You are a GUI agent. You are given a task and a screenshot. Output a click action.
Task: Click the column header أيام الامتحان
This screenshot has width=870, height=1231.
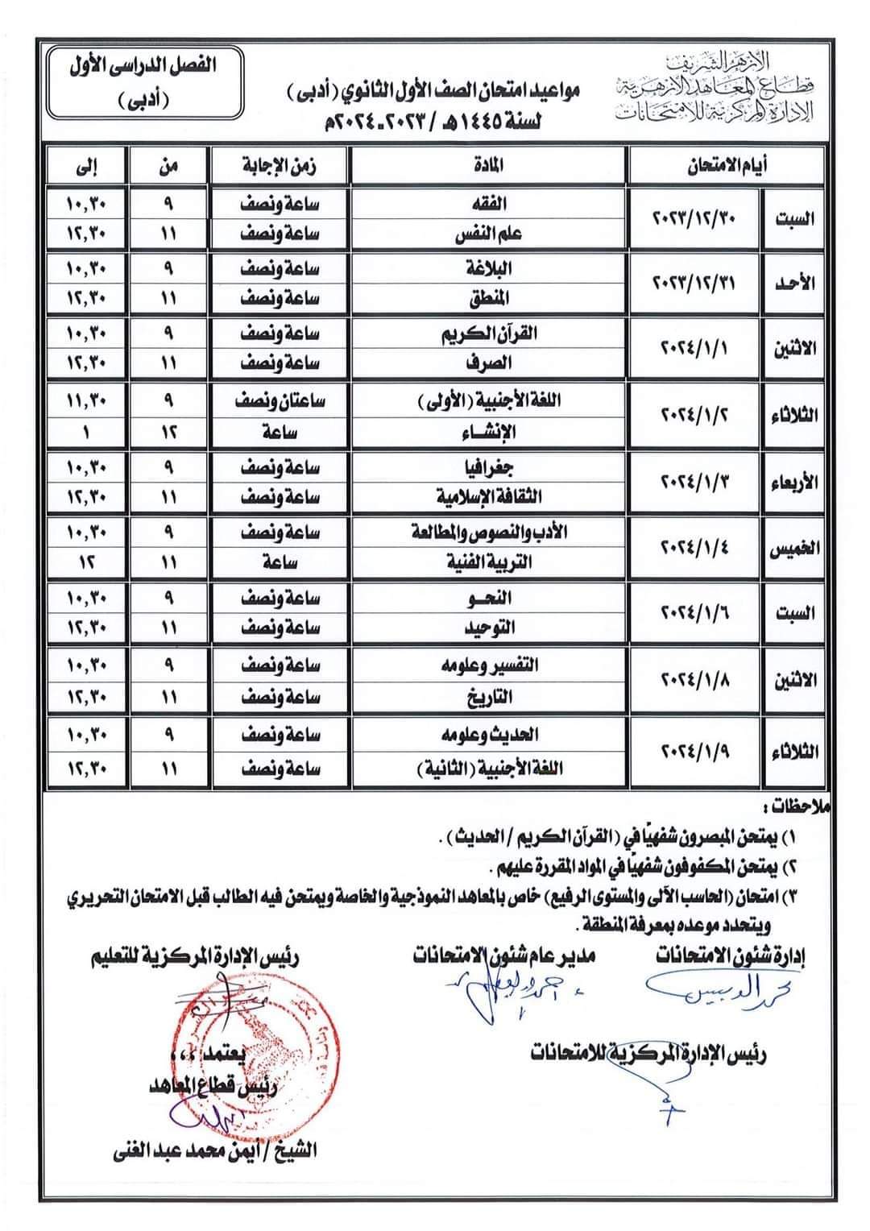tap(725, 166)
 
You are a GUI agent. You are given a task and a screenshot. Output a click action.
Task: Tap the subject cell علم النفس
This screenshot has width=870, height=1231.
tap(489, 234)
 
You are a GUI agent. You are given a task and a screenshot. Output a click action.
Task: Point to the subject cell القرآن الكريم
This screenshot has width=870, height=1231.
tap(489, 334)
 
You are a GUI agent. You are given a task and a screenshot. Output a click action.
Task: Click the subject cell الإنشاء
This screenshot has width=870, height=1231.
tap(489, 433)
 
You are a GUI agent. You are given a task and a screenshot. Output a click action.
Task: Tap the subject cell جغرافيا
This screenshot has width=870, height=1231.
tap(489, 467)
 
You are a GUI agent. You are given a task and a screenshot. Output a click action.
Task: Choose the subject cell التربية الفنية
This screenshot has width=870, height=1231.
tap(489, 563)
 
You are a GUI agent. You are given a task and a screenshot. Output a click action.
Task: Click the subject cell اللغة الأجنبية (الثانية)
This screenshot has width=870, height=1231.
tap(489, 769)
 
